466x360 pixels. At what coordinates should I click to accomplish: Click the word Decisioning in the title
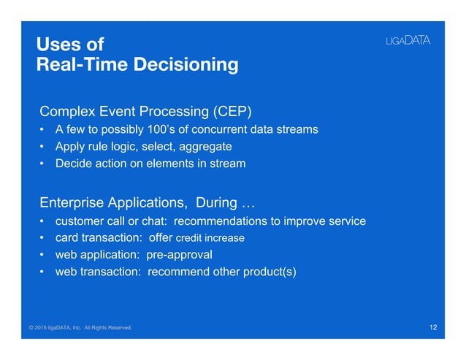183,65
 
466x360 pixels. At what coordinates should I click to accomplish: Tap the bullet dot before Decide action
43,164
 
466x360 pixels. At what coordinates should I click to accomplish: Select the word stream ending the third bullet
226,164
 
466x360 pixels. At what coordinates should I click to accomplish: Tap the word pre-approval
180,256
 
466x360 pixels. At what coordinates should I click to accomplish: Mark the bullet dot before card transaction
43,239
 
